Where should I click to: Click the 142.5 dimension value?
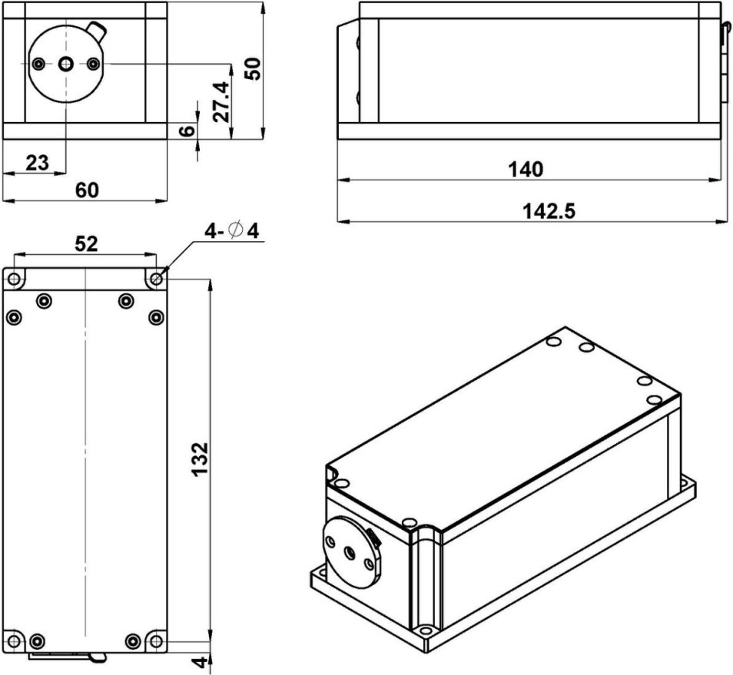pyautogui.click(x=549, y=212)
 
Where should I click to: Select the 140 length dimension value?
pyautogui.click(x=526, y=170)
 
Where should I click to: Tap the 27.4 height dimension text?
pyautogui.click(x=221, y=101)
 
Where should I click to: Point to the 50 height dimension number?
pyautogui.click(x=253, y=68)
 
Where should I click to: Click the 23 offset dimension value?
pyautogui.click(x=37, y=163)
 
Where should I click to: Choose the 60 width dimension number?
pyautogui.click(x=87, y=190)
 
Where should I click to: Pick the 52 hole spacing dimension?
pyautogui.click(x=87, y=243)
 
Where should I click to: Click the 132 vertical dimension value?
pyautogui.click(x=200, y=458)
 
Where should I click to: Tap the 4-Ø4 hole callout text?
pyautogui.click(x=231, y=231)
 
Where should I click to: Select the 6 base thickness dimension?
pyautogui.click(x=187, y=131)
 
